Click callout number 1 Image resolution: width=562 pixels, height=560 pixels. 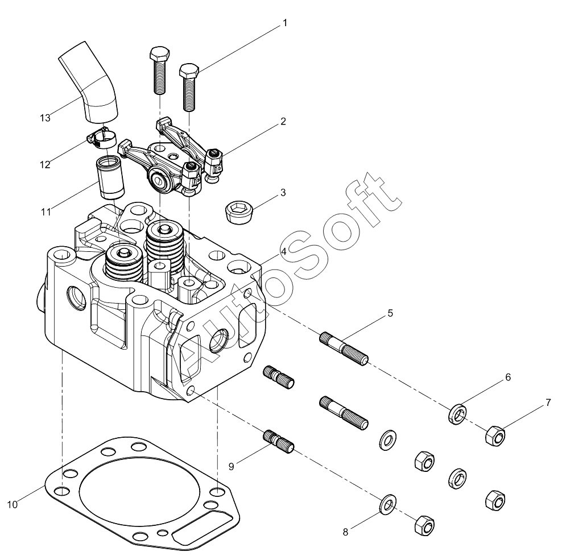click(285, 23)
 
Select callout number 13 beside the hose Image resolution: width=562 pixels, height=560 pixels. click(45, 118)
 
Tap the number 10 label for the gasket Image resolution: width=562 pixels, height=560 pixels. click(12, 504)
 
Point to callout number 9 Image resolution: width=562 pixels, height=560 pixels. click(231, 467)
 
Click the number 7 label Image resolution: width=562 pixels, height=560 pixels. click(548, 403)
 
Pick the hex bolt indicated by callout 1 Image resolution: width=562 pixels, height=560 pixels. click(189, 88)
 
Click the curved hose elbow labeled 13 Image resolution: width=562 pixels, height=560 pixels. click(89, 82)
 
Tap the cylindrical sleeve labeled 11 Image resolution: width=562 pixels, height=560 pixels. click(110, 177)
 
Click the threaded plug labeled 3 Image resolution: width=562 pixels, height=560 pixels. click(239, 212)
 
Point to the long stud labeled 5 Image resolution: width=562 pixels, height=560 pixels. click(344, 349)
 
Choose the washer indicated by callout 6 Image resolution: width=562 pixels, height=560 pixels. click(457, 414)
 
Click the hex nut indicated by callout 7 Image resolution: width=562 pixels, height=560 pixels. click(495, 435)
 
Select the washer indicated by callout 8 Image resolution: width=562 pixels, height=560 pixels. click(387, 505)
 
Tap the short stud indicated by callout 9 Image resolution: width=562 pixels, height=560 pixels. click(279, 441)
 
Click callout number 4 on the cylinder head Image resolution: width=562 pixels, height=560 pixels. click(283, 251)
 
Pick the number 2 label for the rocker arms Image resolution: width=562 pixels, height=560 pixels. click(283, 122)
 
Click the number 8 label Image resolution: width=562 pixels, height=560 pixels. click(345, 532)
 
